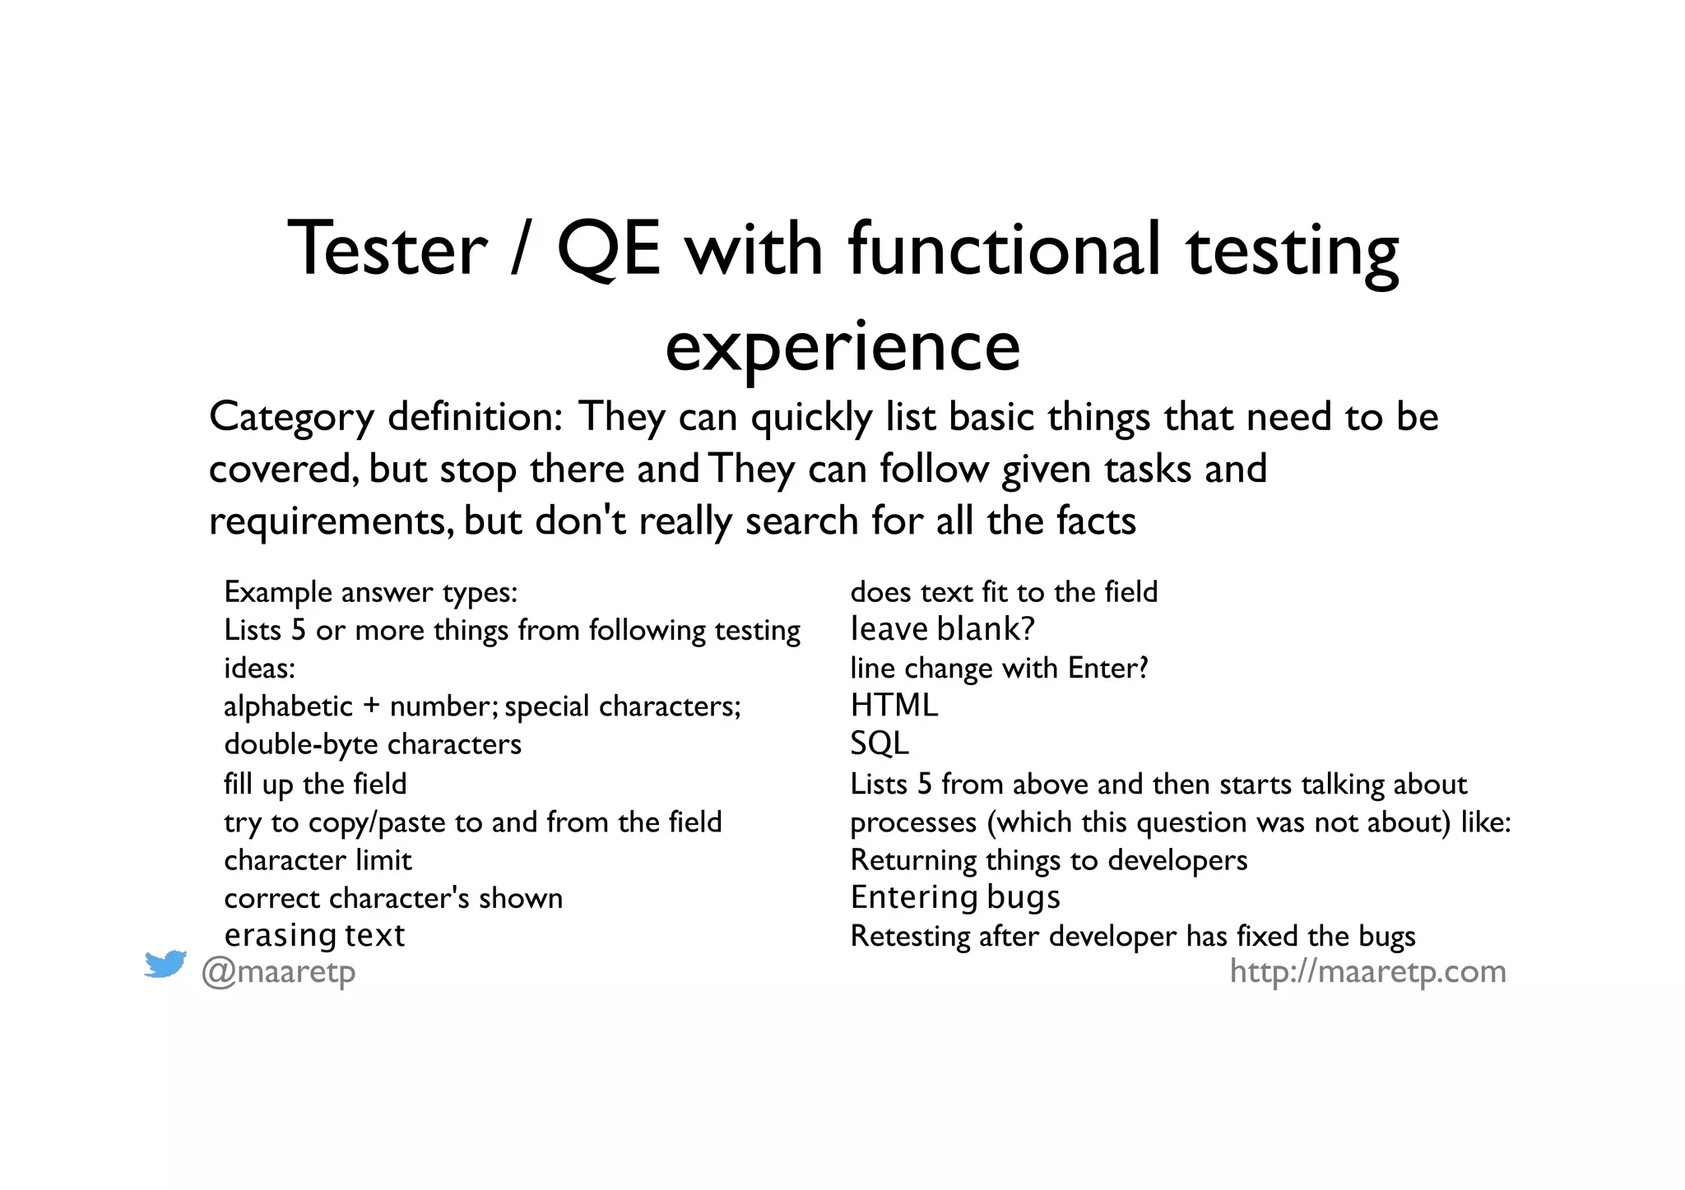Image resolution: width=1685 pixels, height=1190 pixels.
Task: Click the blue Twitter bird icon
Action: [165, 964]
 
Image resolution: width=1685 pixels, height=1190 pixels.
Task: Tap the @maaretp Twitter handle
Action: [279, 972]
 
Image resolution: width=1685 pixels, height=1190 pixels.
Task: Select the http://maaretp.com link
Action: [1367, 971]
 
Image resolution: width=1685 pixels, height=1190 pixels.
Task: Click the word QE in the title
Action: [609, 249]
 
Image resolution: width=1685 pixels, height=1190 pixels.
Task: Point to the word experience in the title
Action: [842, 347]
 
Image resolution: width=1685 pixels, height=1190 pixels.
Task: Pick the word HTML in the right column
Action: [894, 706]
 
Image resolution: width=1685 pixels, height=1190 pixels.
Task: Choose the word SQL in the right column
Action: [880, 743]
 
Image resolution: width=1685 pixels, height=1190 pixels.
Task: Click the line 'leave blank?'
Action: [942, 629]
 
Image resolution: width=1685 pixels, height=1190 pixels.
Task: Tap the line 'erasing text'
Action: [314, 935]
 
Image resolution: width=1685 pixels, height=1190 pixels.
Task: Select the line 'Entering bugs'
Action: [955, 897]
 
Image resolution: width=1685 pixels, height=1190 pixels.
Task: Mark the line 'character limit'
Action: [318, 860]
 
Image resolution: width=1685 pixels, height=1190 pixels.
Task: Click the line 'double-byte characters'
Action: [373, 744]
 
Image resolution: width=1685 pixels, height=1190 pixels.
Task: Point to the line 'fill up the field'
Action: [315, 784]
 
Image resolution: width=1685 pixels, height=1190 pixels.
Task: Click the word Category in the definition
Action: [291, 417]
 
